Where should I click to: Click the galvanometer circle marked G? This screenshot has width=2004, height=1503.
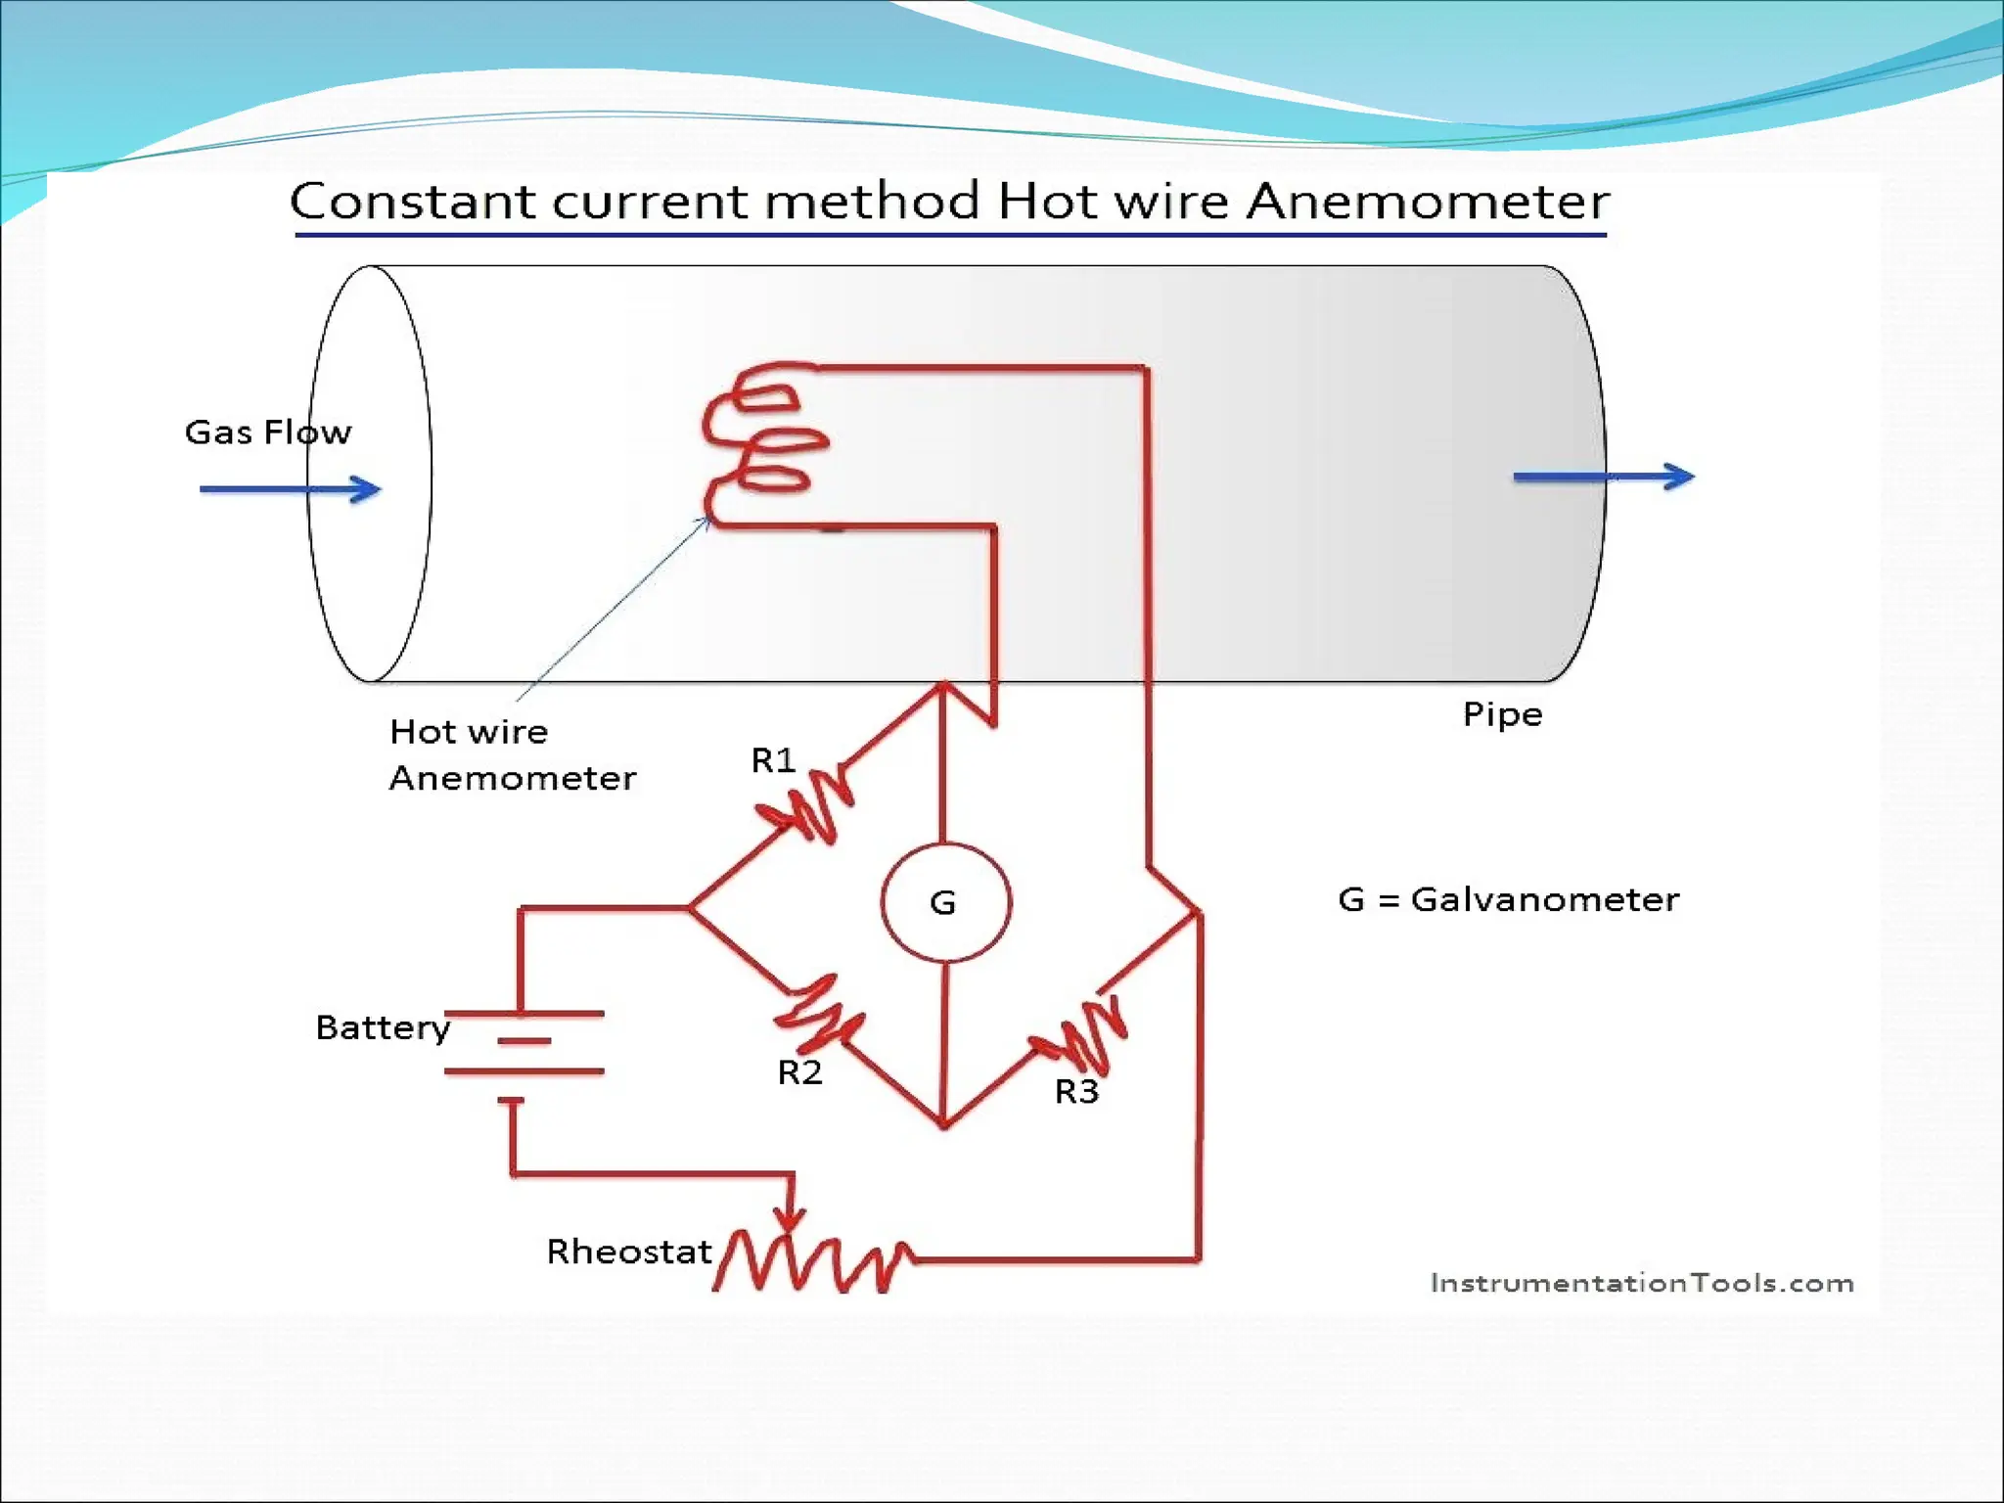(945, 902)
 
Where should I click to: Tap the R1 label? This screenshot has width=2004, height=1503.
(773, 760)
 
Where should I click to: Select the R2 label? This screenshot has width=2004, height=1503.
(799, 1072)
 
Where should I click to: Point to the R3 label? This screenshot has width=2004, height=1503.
(1076, 1091)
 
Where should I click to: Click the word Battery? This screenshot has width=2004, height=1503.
(383, 1027)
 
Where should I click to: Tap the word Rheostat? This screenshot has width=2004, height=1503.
(629, 1252)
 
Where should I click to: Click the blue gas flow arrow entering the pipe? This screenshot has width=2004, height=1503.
(290, 488)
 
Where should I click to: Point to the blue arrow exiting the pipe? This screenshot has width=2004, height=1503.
(1603, 477)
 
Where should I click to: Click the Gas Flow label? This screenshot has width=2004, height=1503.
(267, 432)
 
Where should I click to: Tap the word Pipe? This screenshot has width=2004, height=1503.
(1502, 714)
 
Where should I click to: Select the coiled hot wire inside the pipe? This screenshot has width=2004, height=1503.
(763, 445)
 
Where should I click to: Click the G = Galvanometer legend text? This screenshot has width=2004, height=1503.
(1508, 899)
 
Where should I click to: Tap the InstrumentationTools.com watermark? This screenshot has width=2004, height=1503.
(1641, 1283)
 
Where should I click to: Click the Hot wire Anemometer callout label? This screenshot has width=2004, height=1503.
(511, 754)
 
